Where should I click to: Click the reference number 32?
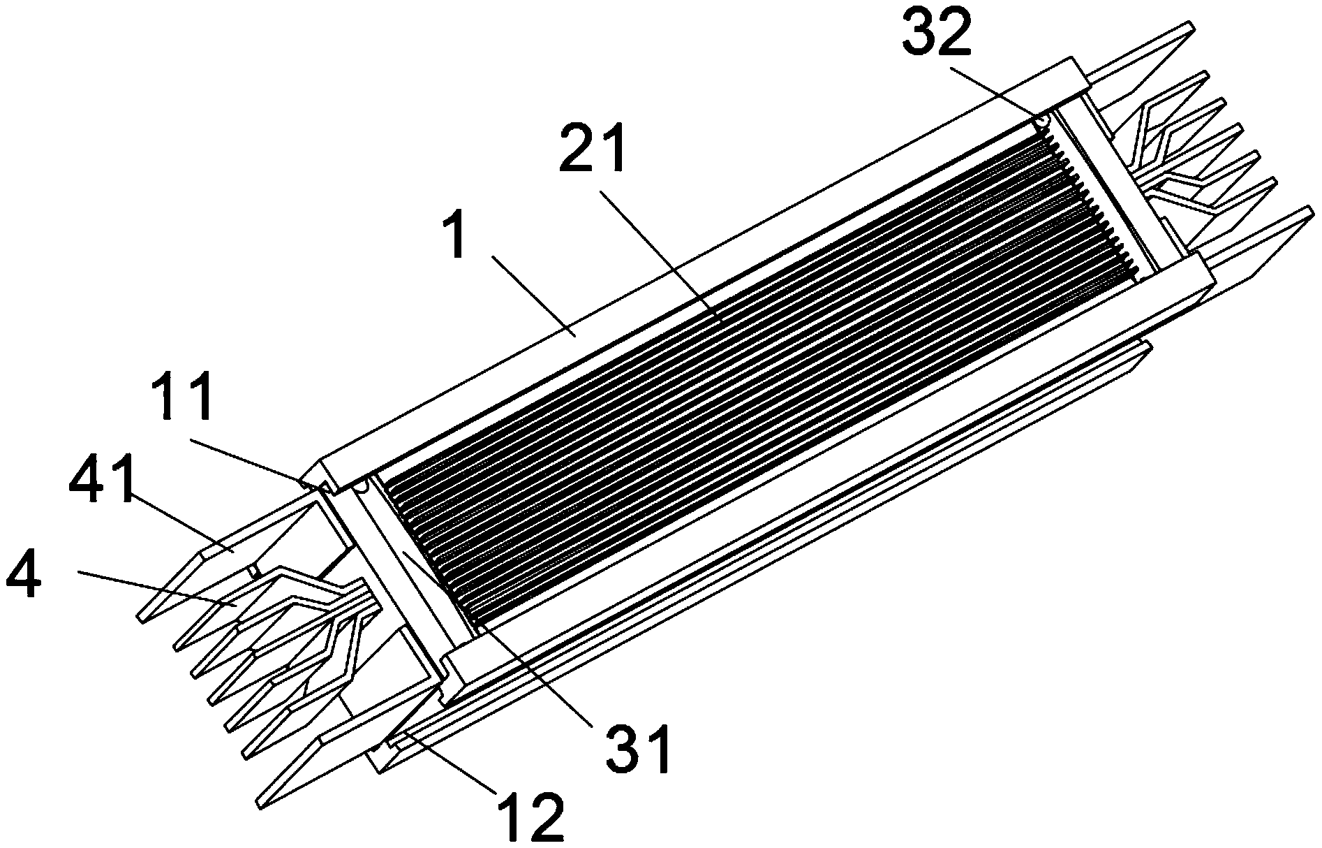click(937, 35)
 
